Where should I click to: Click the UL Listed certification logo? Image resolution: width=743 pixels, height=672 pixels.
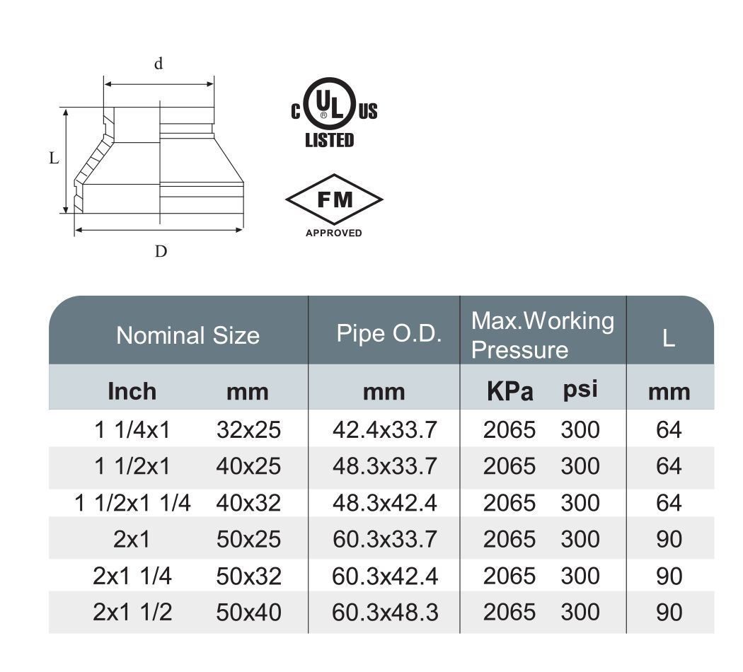point(333,112)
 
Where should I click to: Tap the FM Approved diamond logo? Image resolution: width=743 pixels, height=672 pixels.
point(334,199)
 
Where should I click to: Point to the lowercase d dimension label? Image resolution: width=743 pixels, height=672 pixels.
point(159,63)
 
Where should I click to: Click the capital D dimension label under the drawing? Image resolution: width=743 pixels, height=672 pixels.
point(161,251)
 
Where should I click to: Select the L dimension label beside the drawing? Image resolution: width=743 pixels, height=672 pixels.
point(54,158)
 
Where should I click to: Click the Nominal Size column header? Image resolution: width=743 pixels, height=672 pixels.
point(188,335)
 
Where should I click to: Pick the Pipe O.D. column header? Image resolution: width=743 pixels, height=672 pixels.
point(389,333)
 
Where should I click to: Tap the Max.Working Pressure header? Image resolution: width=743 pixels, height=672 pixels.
point(543,335)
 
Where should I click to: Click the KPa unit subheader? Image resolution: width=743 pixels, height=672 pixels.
point(510,392)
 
